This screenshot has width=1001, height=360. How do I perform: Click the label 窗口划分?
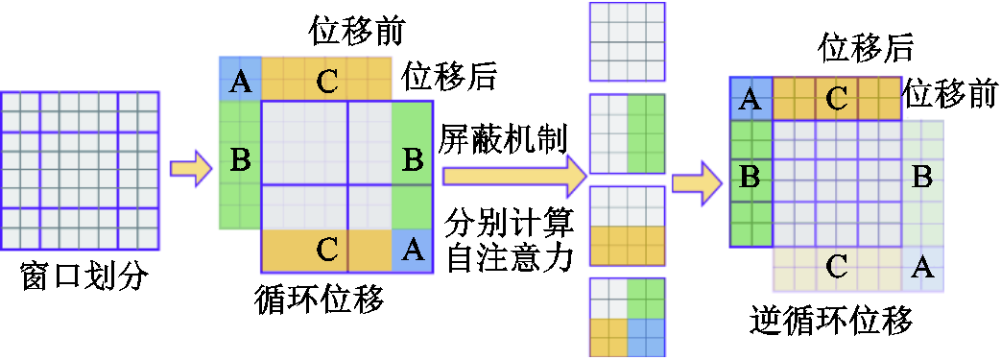pyautogui.click(x=85, y=277)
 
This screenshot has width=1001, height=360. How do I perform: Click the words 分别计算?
pyautogui.click(x=509, y=227)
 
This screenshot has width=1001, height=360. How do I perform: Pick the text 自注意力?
pyautogui.click(x=509, y=257)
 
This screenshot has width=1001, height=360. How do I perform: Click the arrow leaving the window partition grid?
pyautogui.click(x=190, y=169)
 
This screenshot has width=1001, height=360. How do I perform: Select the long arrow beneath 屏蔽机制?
pyautogui.click(x=513, y=177)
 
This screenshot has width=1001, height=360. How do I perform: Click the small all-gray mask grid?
pyautogui.click(x=627, y=41)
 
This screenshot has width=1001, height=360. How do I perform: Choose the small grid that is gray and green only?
pyautogui.click(x=627, y=132)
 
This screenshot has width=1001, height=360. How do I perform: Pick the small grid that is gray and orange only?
pyautogui.click(x=627, y=225)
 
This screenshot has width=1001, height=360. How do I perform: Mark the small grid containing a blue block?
pyautogui.click(x=627, y=317)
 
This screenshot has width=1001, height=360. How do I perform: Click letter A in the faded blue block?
pyautogui.click(x=922, y=268)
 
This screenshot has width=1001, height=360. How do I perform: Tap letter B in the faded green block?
pyautogui.click(x=921, y=178)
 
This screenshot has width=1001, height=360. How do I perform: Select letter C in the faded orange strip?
pyautogui.click(x=836, y=268)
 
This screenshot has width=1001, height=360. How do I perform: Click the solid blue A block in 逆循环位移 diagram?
pyautogui.click(x=751, y=99)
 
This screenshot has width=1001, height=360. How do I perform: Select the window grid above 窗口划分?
pyautogui.click(x=80, y=173)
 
